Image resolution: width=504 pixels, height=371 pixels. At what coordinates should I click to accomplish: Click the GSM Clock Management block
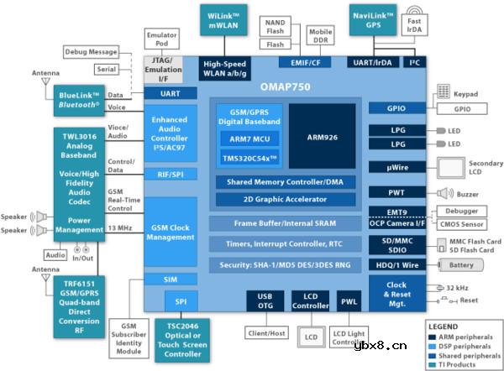[170, 232]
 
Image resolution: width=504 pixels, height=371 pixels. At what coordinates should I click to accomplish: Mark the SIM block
[170, 280]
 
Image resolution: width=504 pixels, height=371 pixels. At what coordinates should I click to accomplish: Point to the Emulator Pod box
[161, 39]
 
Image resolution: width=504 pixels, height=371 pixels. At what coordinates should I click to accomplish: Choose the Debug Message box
[91, 51]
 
